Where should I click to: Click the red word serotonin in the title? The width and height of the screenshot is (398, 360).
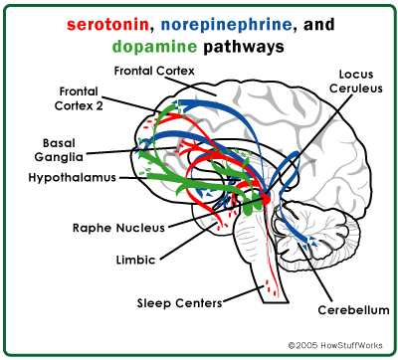(107, 25)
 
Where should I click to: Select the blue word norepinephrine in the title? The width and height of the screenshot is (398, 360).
(226, 26)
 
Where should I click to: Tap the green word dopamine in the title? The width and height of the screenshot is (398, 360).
(154, 47)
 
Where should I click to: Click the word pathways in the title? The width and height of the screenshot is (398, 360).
(244, 47)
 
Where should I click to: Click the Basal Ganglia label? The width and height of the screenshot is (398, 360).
(59, 150)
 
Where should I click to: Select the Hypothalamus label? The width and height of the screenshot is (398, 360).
(73, 178)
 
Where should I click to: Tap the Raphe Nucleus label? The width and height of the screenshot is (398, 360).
(118, 228)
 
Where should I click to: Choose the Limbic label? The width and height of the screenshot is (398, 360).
(135, 260)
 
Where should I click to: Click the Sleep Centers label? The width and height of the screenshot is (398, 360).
(179, 303)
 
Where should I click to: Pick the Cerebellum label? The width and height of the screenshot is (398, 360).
(353, 310)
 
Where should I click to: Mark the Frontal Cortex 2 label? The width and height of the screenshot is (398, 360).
(79, 98)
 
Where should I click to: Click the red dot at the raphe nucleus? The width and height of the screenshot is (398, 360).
(266, 199)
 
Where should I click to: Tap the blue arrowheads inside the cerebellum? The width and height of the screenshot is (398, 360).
(312, 243)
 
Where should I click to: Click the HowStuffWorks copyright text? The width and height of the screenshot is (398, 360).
(335, 345)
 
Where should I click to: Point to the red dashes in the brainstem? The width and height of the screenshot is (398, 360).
(272, 287)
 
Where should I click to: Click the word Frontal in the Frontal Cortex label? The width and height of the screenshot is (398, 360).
(134, 71)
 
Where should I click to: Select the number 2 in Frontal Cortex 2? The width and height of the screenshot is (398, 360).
(99, 106)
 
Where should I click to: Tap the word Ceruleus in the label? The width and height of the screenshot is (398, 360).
(356, 89)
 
